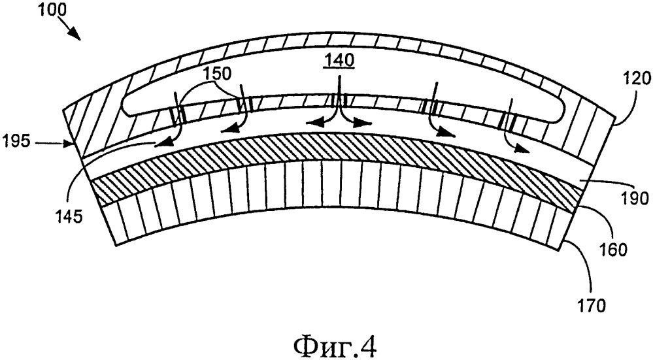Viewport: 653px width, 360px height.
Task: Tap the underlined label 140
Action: (340, 60)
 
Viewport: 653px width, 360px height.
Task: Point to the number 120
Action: (637, 78)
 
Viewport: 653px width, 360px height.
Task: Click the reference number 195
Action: (16, 142)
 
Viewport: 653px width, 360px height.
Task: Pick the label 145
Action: (69, 217)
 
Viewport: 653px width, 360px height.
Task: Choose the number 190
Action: (635, 199)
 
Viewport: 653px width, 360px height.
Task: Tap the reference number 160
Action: (612, 250)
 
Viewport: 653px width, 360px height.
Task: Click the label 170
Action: (591, 306)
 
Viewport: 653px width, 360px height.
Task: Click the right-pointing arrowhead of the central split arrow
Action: (363, 122)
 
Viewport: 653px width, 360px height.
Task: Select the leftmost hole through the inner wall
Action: (178, 115)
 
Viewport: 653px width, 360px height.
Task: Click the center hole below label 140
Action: (339, 99)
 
